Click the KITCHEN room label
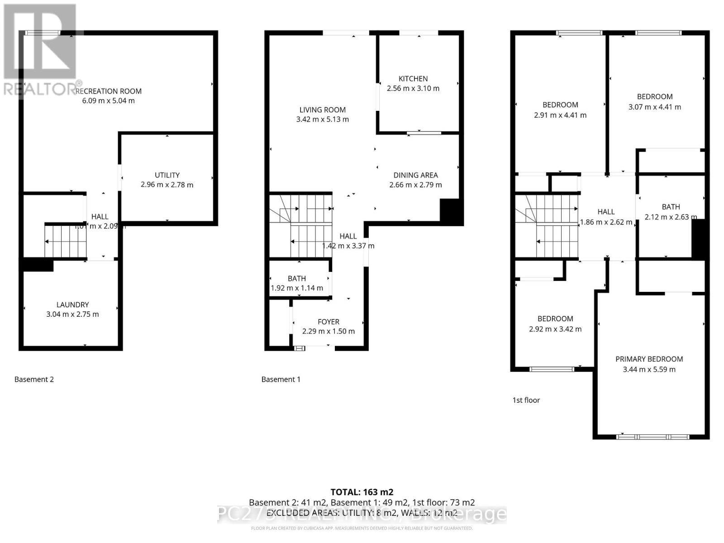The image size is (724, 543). (x=413, y=79)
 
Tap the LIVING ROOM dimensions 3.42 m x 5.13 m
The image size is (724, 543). (x=322, y=119)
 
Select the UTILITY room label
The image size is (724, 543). (x=167, y=175)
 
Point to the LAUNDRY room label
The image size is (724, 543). (x=72, y=305)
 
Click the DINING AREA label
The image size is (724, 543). (x=415, y=175)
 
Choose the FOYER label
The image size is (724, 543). (x=328, y=322)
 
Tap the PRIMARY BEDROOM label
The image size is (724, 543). (x=649, y=359)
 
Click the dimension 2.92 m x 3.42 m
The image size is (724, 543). (x=555, y=329)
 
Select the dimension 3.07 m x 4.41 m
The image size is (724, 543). (x=654, y=107)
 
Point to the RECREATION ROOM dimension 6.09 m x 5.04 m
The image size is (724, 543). (x=108, y=100)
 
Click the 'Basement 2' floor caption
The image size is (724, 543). (x=34, y=379)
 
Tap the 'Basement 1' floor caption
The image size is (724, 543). (x=281, y=379)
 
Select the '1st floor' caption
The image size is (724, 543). (x=526, y=400)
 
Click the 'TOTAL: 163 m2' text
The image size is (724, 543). (x=362, y=492)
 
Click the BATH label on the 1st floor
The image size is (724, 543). (x=671, y=207)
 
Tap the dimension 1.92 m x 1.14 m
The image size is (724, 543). (x=297, y=288)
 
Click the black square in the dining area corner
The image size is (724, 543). (x=451, y=212)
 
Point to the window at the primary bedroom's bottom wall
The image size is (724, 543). (x=652, y=437)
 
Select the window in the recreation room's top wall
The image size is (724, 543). (x=43, y=33)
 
